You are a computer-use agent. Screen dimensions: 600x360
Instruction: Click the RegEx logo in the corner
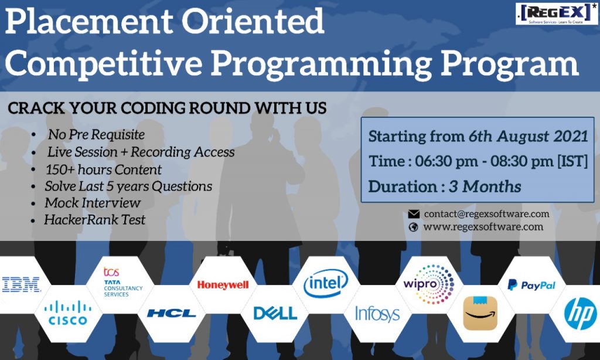(557, 14)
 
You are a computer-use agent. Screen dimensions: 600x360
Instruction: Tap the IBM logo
(21, 284)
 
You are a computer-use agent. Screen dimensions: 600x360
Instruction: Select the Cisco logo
(68, 313)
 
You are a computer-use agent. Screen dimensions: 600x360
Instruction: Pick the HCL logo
(171, 313)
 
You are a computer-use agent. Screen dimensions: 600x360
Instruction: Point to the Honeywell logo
(223, 285)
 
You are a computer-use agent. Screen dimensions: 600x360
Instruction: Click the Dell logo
(275, 313)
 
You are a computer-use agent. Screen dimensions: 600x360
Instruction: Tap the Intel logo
(326, 283)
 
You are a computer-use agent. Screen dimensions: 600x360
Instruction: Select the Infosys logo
(377, 314)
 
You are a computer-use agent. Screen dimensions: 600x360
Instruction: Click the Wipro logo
(428, 284)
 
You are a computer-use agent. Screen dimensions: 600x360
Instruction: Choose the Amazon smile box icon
(480, 313)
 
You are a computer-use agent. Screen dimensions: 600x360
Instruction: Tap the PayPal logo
(531, 285)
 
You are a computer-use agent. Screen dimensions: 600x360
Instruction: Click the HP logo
(581, 314)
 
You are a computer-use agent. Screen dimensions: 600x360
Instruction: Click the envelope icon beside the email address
(414, 214)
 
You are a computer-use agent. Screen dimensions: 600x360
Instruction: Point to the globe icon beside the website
(413, 227)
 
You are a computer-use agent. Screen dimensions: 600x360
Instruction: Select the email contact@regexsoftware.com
(486, 213)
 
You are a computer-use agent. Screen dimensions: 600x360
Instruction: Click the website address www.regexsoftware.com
(483, 227)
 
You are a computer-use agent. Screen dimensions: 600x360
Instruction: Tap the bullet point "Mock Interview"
(93, 203)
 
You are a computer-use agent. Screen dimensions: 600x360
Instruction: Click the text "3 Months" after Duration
(485, 186)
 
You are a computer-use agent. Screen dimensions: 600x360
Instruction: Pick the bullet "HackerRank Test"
(94, 219)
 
